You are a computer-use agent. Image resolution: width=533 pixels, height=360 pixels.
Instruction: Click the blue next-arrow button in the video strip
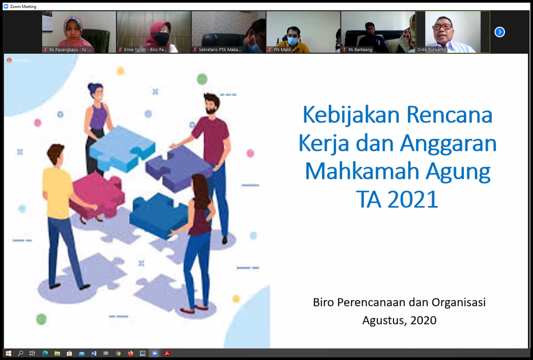[499, 32]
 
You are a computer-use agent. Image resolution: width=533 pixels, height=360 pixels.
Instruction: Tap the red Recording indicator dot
[9, 60]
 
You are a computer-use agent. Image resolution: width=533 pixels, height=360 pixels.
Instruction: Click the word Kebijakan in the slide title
[351, 115]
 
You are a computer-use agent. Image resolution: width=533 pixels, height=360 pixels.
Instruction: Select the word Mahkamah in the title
[362, 171]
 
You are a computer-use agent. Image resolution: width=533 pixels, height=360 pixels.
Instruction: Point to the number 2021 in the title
[413, 199]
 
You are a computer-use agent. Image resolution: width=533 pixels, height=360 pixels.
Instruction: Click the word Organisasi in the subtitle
[458, 302]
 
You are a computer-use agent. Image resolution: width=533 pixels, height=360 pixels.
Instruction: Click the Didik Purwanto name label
[431, 50]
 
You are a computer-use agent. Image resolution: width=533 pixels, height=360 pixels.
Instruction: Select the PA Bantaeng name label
[360, 50]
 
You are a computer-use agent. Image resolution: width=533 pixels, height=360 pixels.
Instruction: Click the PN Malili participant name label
[282, 50]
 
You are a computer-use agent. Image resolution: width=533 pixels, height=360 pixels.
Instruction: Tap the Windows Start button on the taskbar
[8, 353]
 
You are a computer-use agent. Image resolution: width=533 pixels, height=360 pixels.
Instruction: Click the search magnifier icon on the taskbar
[20, 353]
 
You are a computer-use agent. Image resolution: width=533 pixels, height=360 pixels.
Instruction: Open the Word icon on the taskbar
[94, 353]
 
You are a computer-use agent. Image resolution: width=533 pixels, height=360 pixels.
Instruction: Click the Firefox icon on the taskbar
[130, 353]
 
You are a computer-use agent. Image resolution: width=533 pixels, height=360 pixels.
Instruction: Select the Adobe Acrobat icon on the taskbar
[167, 353]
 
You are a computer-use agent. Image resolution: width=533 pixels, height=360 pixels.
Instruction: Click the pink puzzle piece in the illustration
[98, 195]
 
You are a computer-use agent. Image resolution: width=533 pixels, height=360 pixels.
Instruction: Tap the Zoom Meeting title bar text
[23, 6]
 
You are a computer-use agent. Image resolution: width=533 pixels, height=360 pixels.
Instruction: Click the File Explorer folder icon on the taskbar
[57, 353]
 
